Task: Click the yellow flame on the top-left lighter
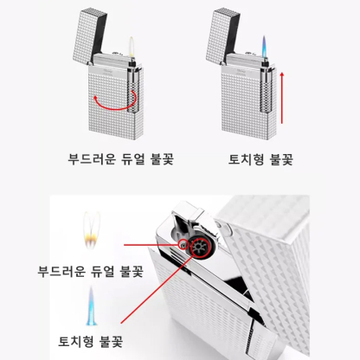132,48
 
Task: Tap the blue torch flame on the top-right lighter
264,47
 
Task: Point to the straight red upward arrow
282,98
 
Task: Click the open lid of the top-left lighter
90,35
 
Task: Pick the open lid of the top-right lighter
223,35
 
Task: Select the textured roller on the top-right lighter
267,90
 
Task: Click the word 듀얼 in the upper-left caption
132,159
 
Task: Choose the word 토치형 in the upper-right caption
246,159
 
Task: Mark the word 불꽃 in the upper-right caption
281,159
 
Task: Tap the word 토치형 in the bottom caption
76,341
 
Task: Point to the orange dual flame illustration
92,230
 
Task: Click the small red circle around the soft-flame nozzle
183,245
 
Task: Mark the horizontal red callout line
151,245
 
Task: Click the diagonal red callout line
156,289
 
